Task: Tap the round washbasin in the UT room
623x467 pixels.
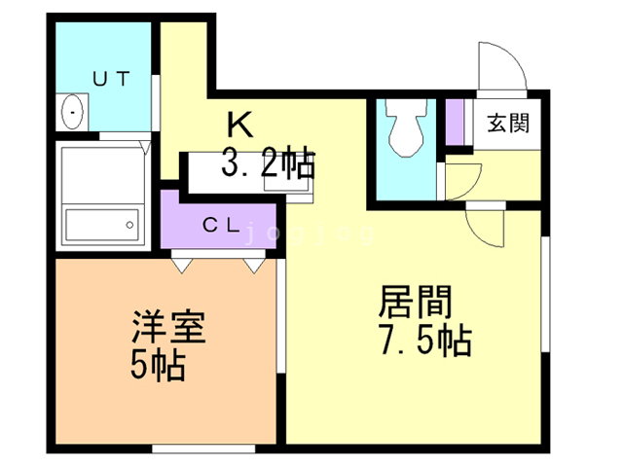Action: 74,112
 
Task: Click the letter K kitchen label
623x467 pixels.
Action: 240,126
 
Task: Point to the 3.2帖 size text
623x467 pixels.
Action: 268,162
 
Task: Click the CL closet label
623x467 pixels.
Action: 221,225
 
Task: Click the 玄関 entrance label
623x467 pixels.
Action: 508,124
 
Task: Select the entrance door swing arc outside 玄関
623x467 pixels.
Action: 502,70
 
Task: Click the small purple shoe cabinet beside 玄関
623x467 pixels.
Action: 455,123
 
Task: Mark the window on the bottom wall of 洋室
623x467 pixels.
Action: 203,448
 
